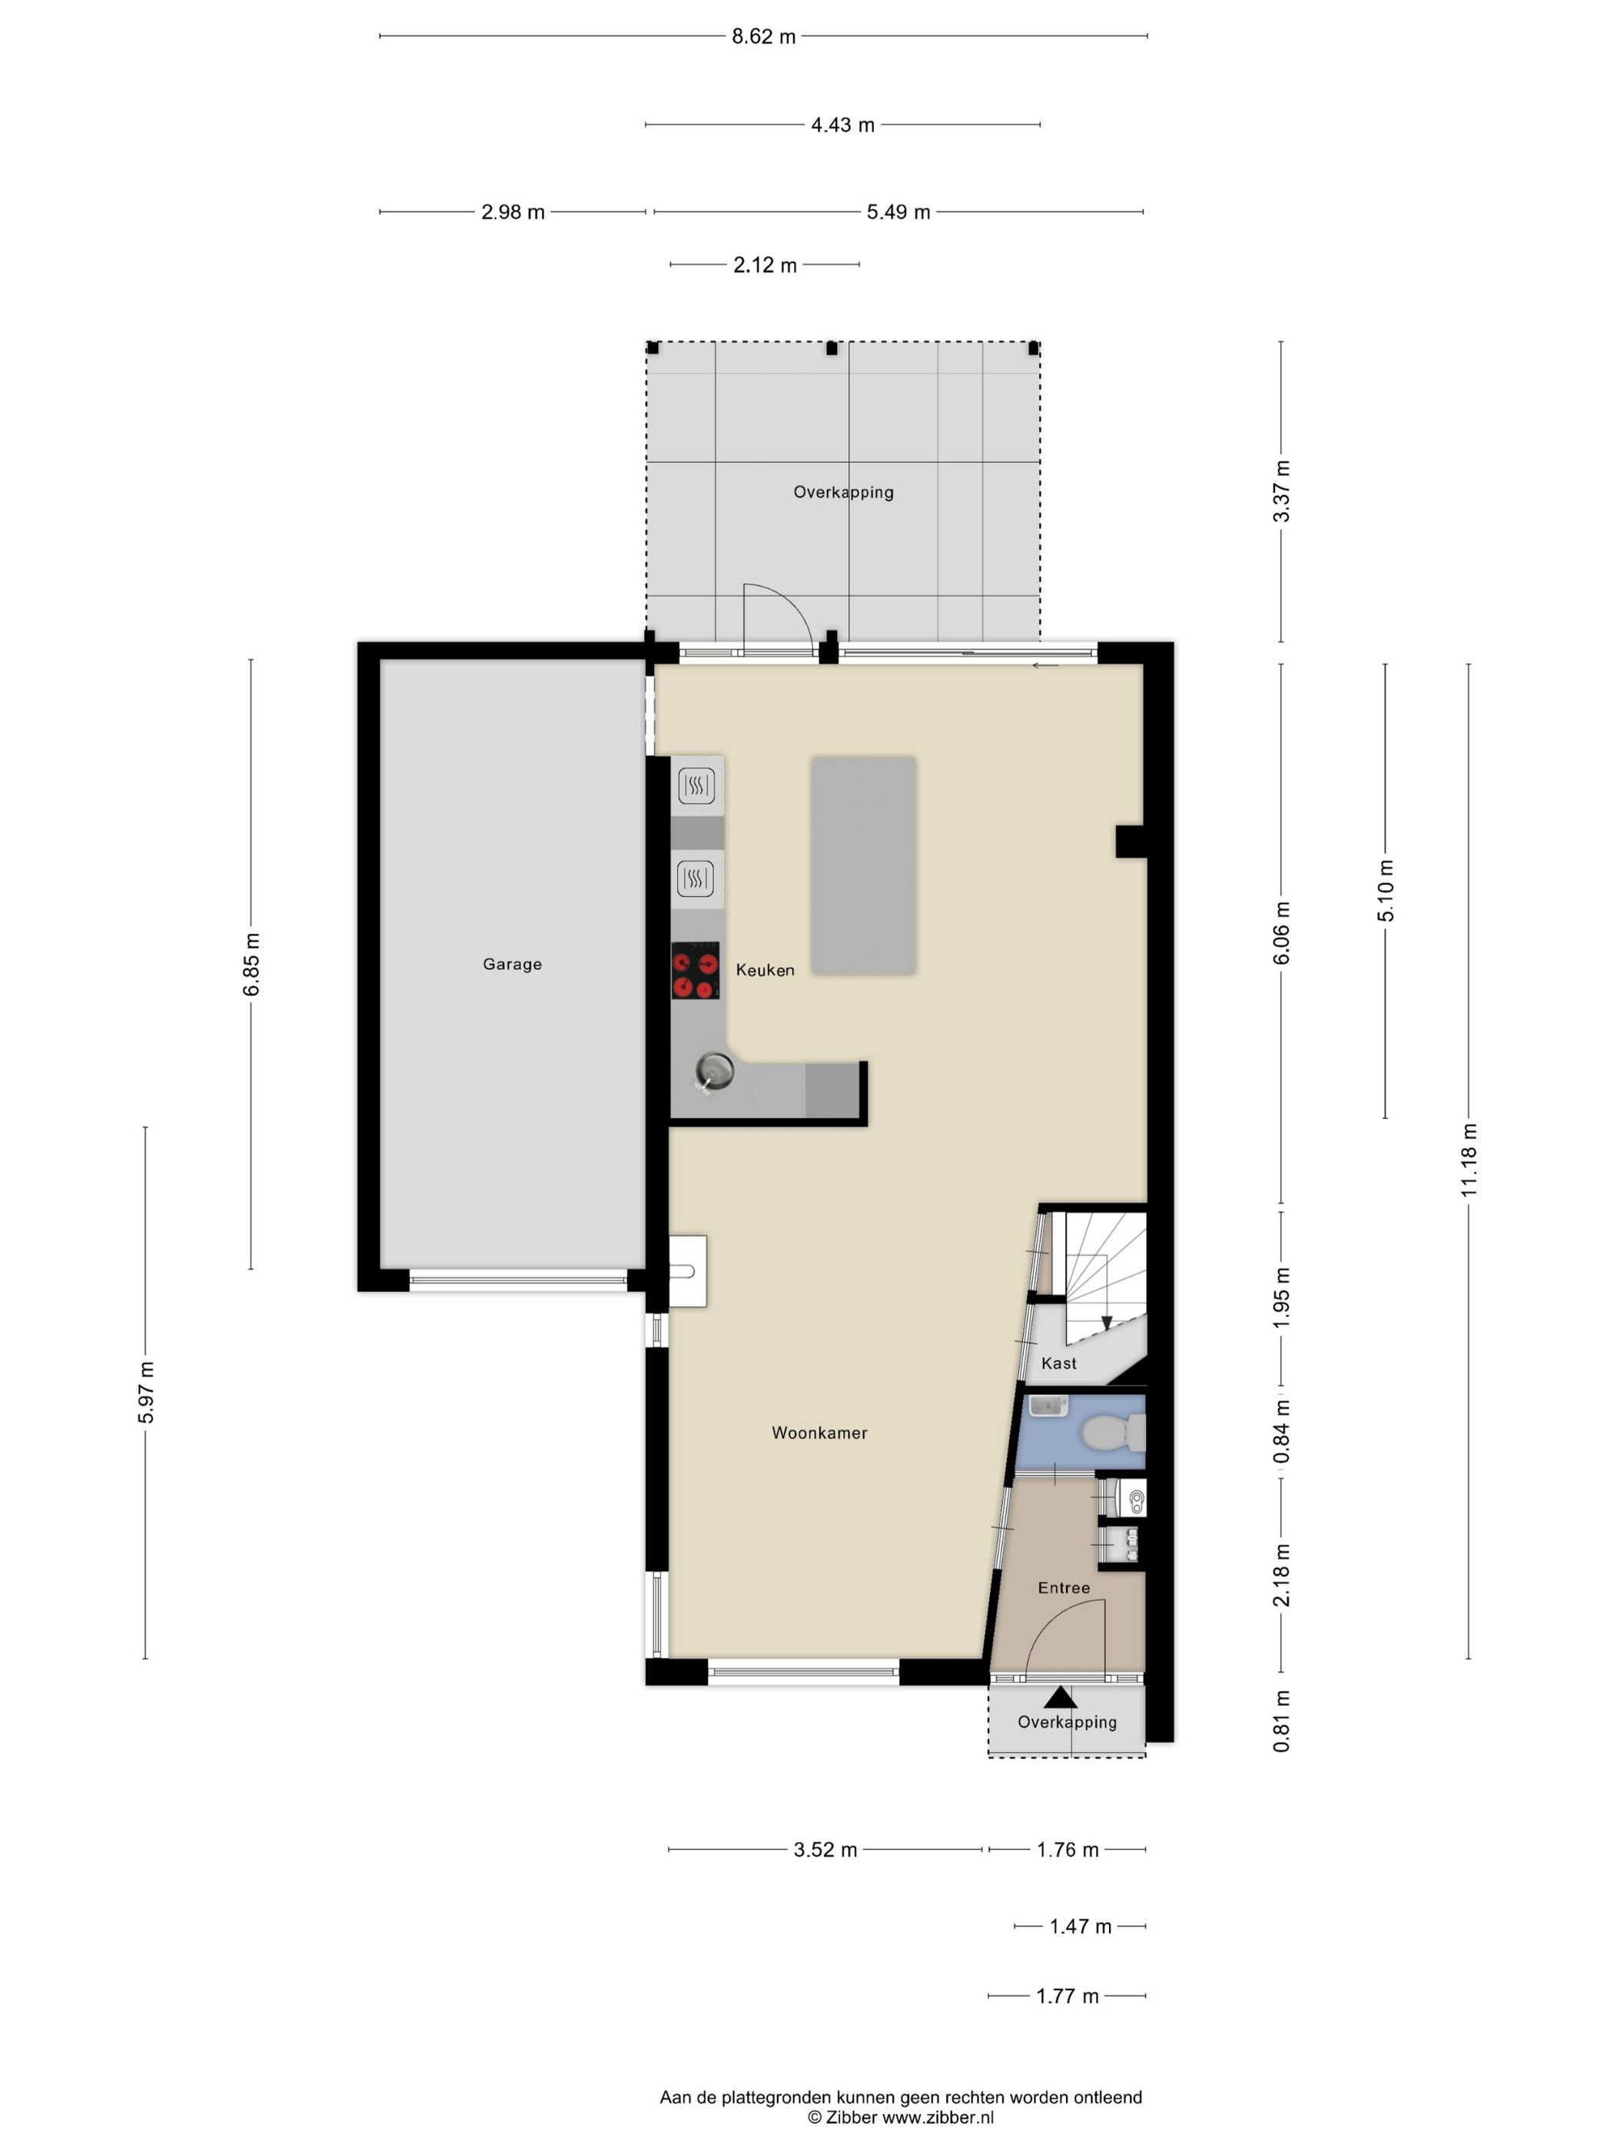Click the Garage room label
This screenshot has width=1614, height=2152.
click(x=512, y=964)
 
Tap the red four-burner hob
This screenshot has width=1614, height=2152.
click(x=695, y=970)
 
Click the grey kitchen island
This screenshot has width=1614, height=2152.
click(x=863, y=866)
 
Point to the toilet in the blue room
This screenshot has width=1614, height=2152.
click(x=1113, y=1432)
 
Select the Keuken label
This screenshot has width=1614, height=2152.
click(x=765, y=970)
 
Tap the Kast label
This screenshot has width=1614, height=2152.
click(x=1058, y=1363)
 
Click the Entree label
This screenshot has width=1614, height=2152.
click(x=1064, y=1588)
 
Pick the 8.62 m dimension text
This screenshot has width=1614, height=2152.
click(x=764, y=37)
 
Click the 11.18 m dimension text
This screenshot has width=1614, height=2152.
click(x=1469, y=1160)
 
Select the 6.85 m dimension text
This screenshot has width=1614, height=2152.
click(x=252, y=964)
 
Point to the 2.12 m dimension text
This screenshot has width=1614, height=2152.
click(x=765, y=264)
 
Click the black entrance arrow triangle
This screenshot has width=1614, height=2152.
click(x=1061, y=1698)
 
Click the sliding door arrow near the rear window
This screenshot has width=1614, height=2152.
click(x=1044, y=666)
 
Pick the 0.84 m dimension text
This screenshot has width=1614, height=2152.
click(x=1282, y=1431)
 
